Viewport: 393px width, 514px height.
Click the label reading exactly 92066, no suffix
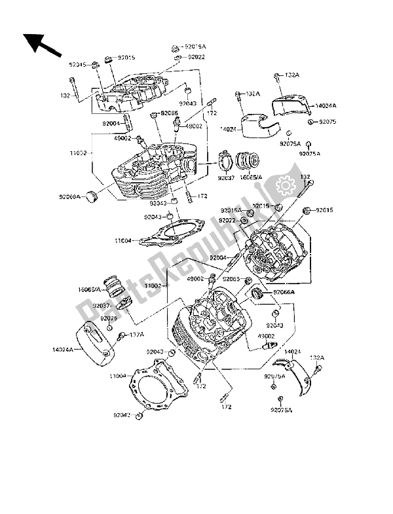point(170,113)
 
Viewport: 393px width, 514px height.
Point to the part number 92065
point(230,278)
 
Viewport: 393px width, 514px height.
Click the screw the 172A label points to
point(122,338)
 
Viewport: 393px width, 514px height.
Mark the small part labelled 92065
point(250,282)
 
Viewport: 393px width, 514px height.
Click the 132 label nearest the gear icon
point(305,176)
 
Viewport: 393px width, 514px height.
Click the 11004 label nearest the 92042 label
point(118,376)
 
